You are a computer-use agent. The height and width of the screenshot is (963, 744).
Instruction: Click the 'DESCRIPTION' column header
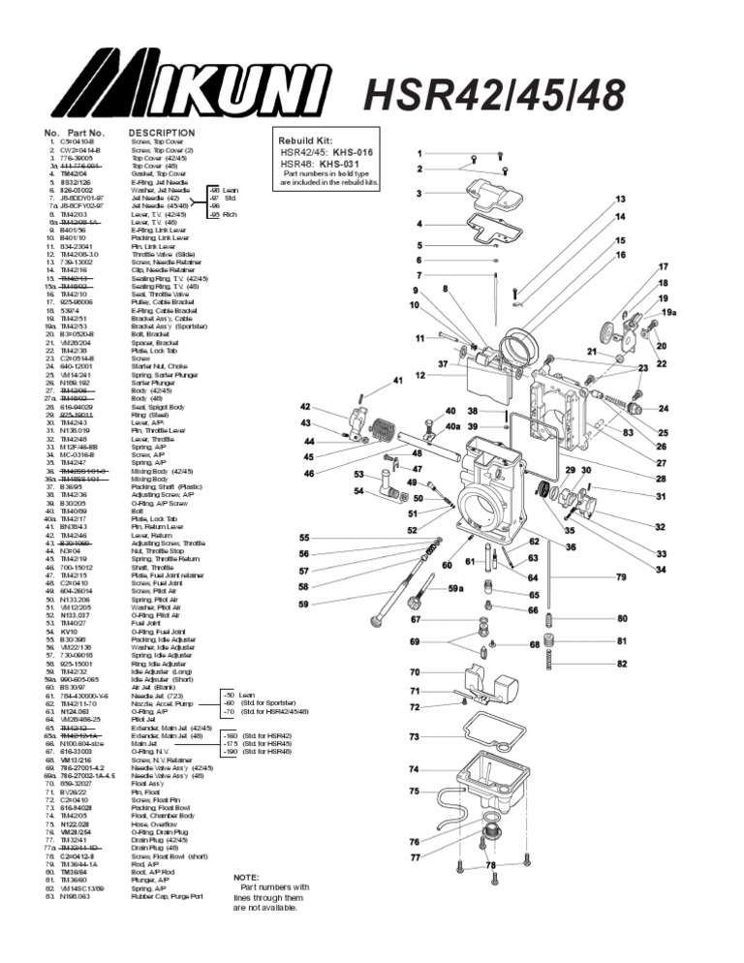[161, 133]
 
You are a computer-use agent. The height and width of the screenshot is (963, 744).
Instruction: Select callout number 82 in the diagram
[622, 665]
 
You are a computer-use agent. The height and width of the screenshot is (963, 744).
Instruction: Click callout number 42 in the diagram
[305, 407]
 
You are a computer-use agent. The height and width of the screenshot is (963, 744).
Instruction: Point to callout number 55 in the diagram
[304, 538]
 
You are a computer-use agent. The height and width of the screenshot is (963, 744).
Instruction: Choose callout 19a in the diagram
[668, 313]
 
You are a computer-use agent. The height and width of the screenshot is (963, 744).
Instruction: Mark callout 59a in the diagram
[455, 588]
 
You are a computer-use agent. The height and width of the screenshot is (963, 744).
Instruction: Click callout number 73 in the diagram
[414, 737]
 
